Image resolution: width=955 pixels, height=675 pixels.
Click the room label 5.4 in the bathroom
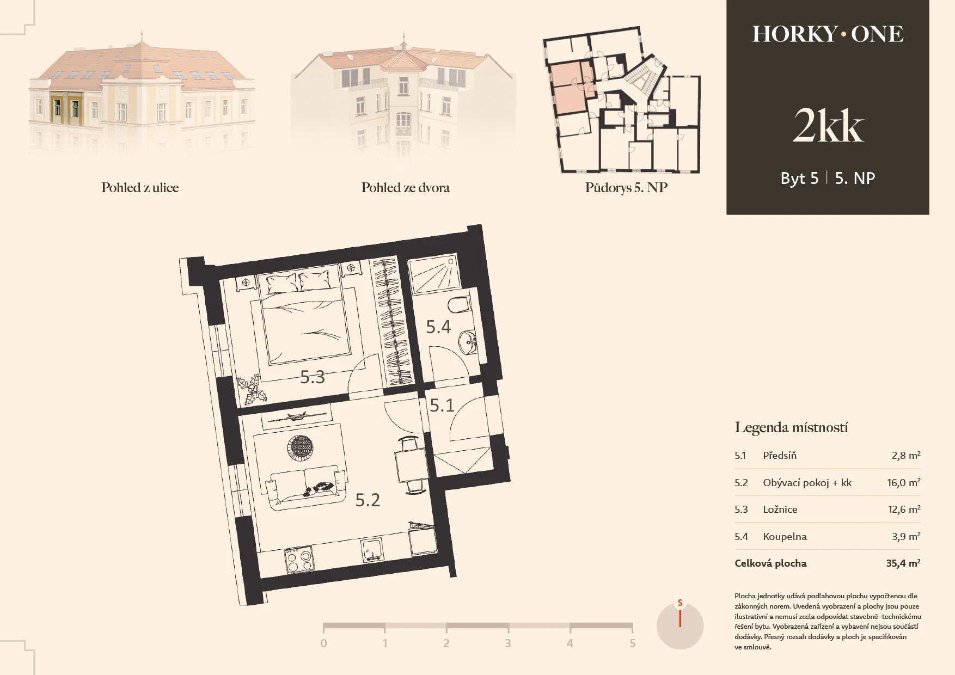438,327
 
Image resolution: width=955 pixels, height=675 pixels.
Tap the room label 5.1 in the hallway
442,405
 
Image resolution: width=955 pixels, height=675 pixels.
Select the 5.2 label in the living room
368,500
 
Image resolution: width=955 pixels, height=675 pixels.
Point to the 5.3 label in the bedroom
313,377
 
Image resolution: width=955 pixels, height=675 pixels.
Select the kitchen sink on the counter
373,550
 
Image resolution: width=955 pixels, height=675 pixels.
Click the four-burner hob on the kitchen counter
299,561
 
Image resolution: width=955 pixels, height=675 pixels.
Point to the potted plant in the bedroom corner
252,390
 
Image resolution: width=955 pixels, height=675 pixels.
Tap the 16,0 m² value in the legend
904,482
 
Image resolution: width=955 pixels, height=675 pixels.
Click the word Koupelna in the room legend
785,537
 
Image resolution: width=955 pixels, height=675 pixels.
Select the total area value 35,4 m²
903,563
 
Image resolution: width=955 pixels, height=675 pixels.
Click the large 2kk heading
828,126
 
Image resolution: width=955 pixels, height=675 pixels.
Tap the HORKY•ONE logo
828,34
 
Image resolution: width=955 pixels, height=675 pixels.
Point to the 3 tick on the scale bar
508,643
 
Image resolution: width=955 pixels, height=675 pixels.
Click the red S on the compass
680,603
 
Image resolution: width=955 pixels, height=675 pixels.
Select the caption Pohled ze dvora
406,188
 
